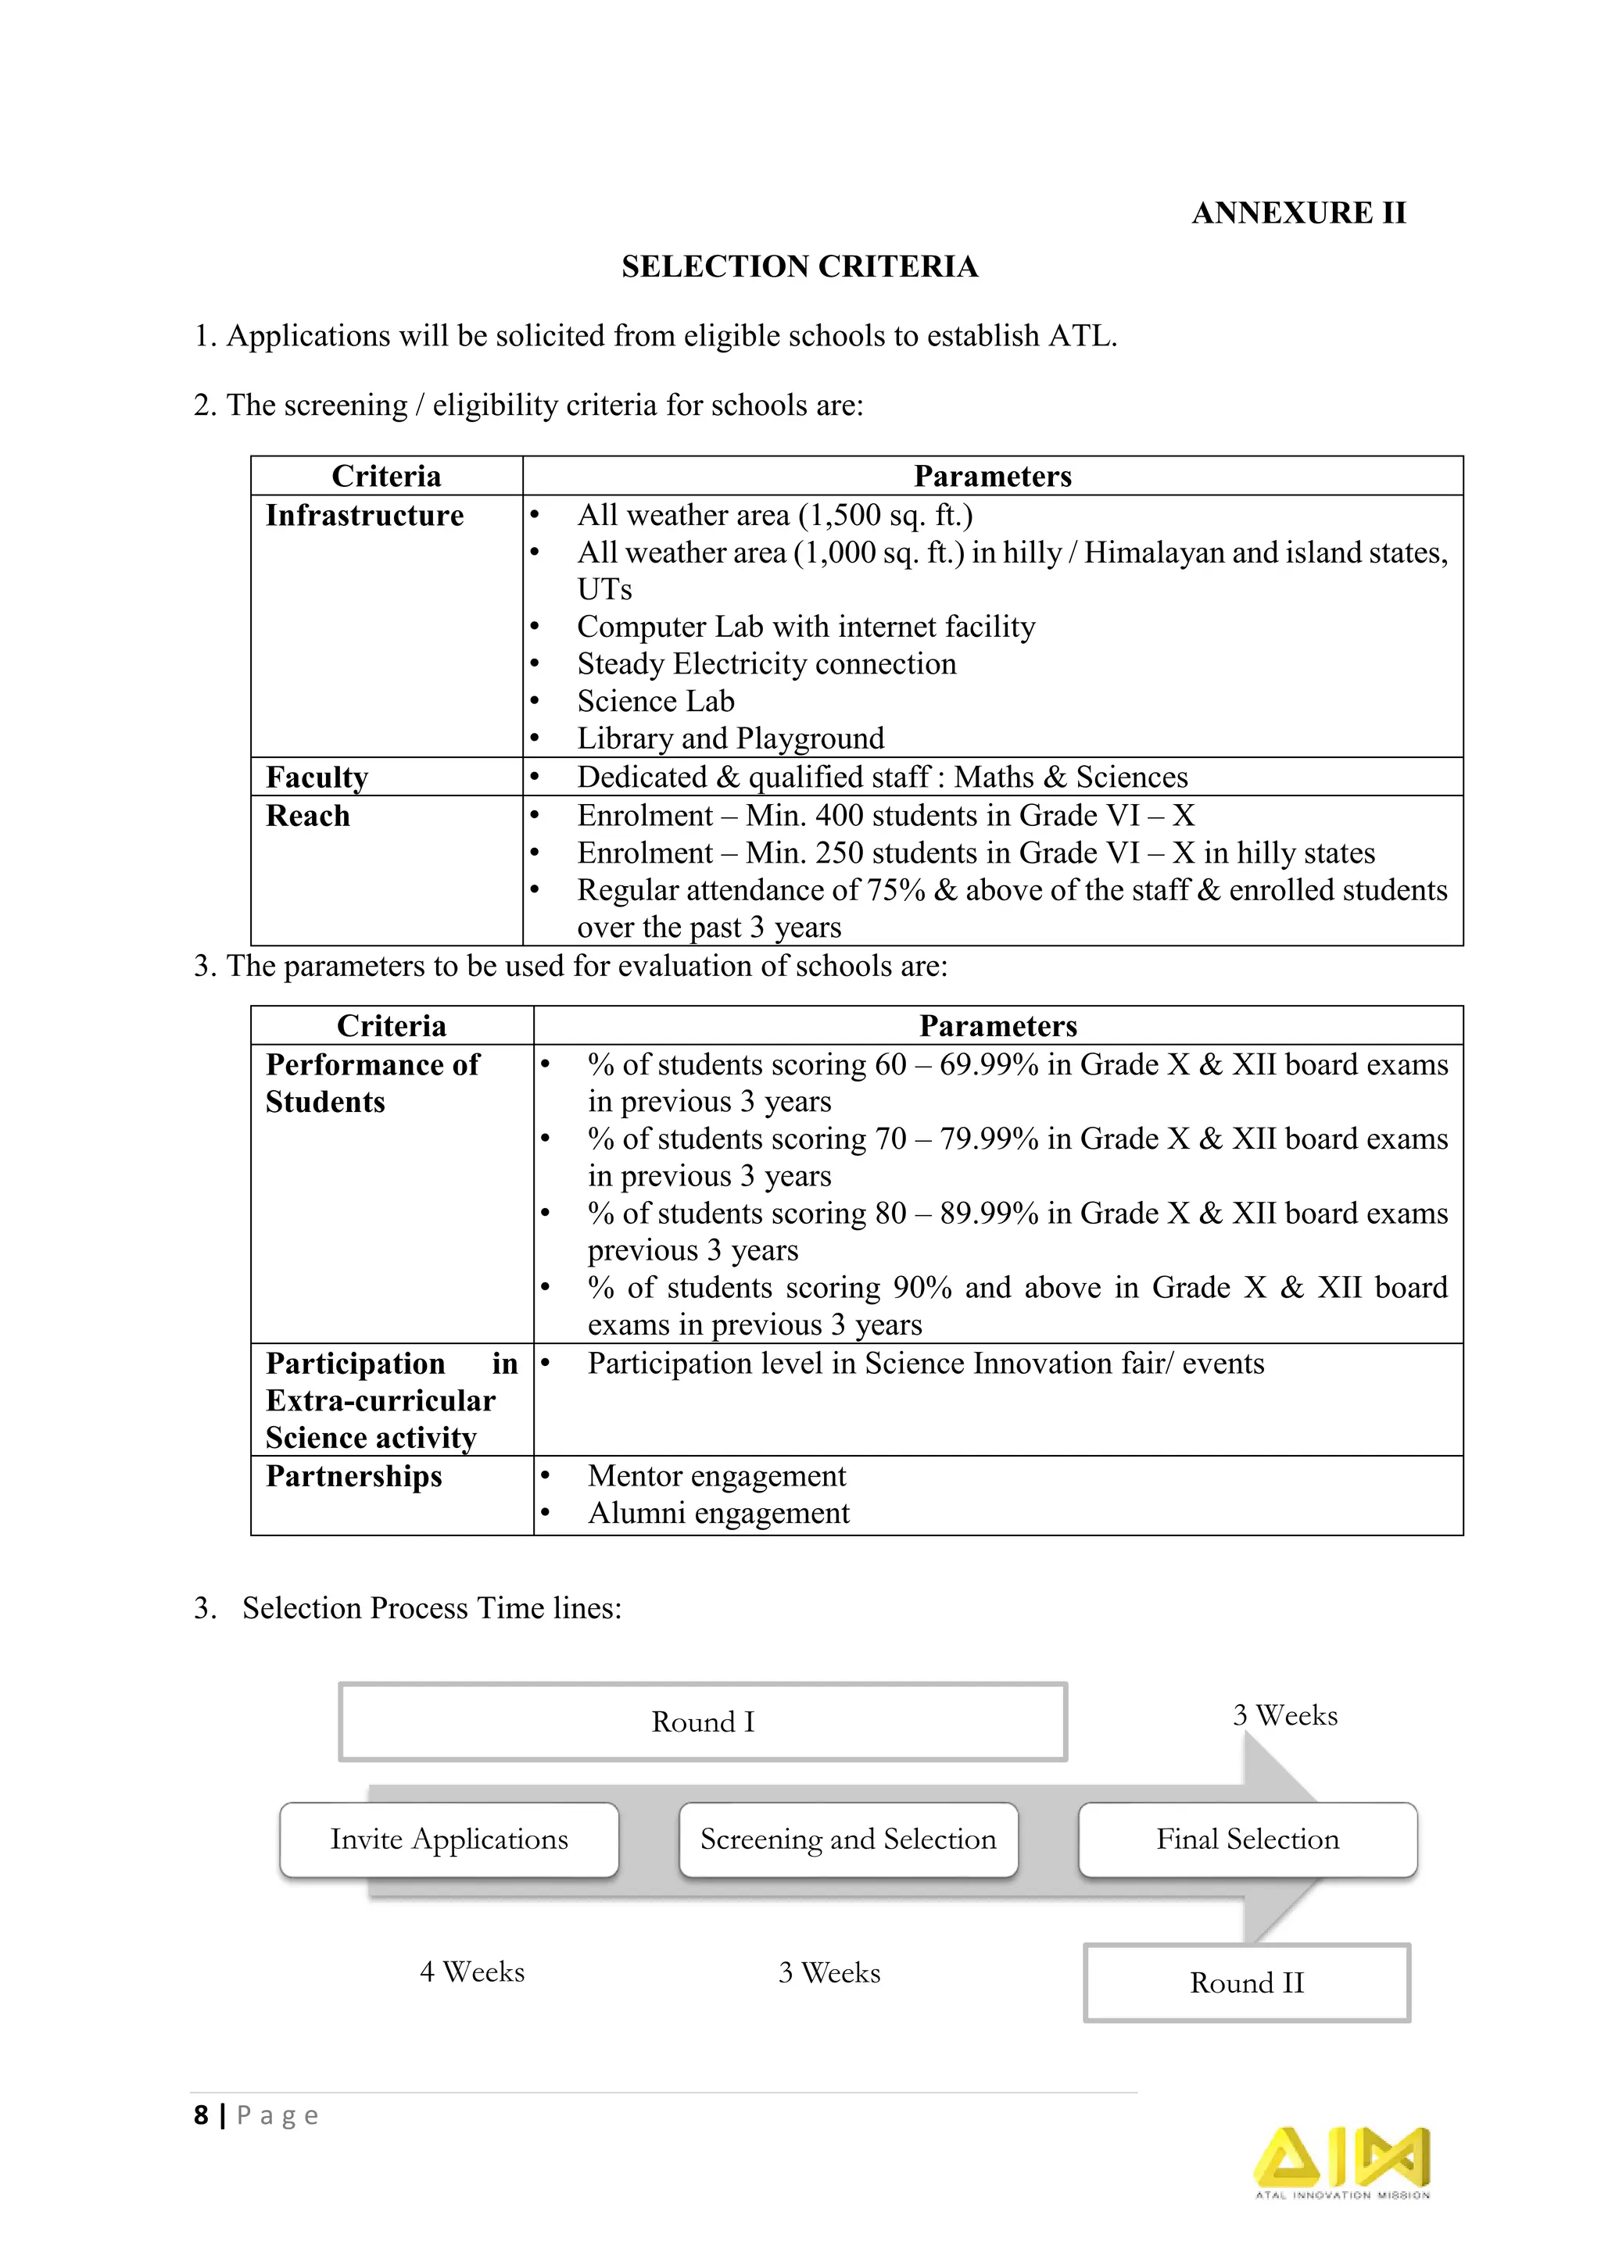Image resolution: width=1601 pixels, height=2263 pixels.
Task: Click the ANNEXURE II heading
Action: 1298,213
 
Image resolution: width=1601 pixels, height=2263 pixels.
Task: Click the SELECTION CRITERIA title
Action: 800,266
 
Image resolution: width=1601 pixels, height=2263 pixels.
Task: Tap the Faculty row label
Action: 317,777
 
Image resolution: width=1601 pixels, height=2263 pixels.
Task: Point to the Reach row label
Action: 307,816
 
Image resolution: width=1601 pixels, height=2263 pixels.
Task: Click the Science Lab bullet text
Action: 656,701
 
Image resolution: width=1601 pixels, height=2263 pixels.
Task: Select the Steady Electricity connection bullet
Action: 766,664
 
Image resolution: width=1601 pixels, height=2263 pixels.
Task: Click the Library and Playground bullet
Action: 729,738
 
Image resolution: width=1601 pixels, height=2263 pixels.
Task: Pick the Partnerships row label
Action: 354,1475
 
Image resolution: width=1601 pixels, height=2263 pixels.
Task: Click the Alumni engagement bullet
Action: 718,1513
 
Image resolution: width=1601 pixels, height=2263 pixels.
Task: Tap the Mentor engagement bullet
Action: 717,1475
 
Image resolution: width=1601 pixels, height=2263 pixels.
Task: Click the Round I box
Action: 703,1722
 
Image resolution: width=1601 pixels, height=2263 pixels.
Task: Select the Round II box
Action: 1246,1982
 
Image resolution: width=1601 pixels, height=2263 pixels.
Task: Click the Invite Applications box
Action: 449,1839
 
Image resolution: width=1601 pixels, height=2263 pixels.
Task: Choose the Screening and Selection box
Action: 848,1839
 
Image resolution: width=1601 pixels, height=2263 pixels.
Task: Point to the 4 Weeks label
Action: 472,1972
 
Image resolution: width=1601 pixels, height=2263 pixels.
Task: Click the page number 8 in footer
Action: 201,2115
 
